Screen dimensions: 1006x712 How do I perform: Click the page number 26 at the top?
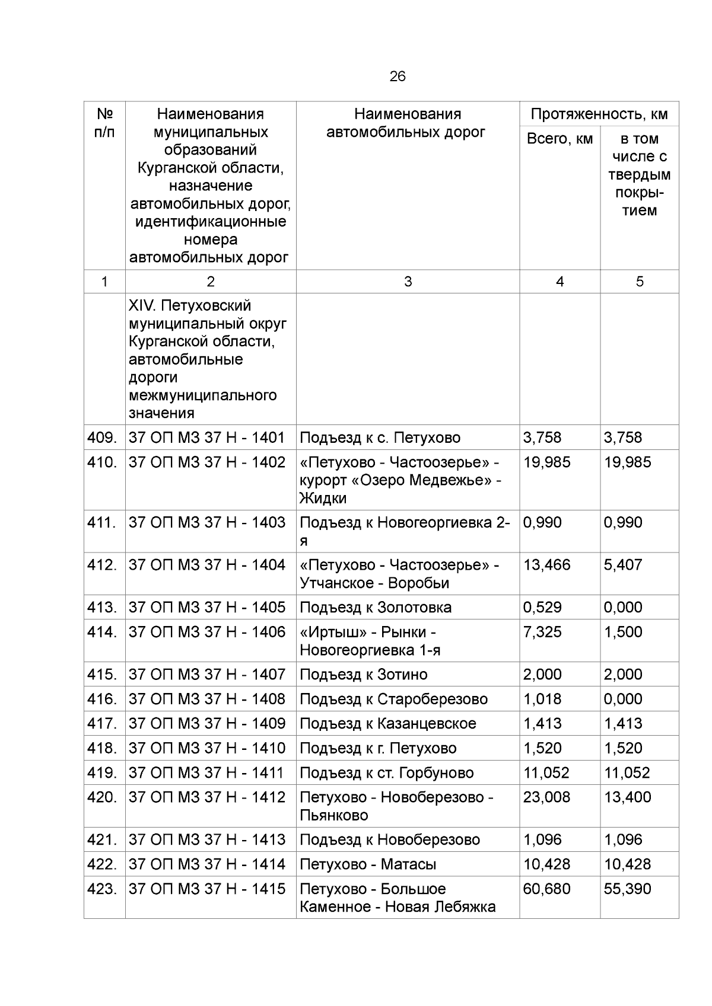click(398, 76)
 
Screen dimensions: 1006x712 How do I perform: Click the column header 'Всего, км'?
click(560, 139)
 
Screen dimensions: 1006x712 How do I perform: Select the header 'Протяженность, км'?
click(599, 114)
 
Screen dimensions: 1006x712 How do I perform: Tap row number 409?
click(102, 437)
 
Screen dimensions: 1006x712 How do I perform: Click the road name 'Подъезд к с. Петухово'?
click(380, 437)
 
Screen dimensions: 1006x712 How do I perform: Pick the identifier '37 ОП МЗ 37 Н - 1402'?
click(207, 462)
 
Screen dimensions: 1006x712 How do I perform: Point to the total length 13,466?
click(546, 564)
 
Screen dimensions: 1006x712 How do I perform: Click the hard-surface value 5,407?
click(623, 564)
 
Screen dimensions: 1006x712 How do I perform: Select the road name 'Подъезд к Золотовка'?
click(376, 607)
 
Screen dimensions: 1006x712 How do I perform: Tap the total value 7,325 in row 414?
click(542, 631)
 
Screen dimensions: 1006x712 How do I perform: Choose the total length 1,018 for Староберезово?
click(542, 699)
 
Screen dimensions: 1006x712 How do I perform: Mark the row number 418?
click(102, 748)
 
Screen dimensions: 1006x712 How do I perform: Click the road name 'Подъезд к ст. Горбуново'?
click(386, 772)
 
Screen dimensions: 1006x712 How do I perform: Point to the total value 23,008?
click(546, 797)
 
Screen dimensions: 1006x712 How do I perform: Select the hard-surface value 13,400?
click(627, 797)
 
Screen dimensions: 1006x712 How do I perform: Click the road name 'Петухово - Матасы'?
click(368, 864)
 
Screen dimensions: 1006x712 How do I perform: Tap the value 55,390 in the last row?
click(627, 889)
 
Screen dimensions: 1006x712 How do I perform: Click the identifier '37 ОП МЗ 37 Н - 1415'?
click(207, 889)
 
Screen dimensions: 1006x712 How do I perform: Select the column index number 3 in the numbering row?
click(408, 282)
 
